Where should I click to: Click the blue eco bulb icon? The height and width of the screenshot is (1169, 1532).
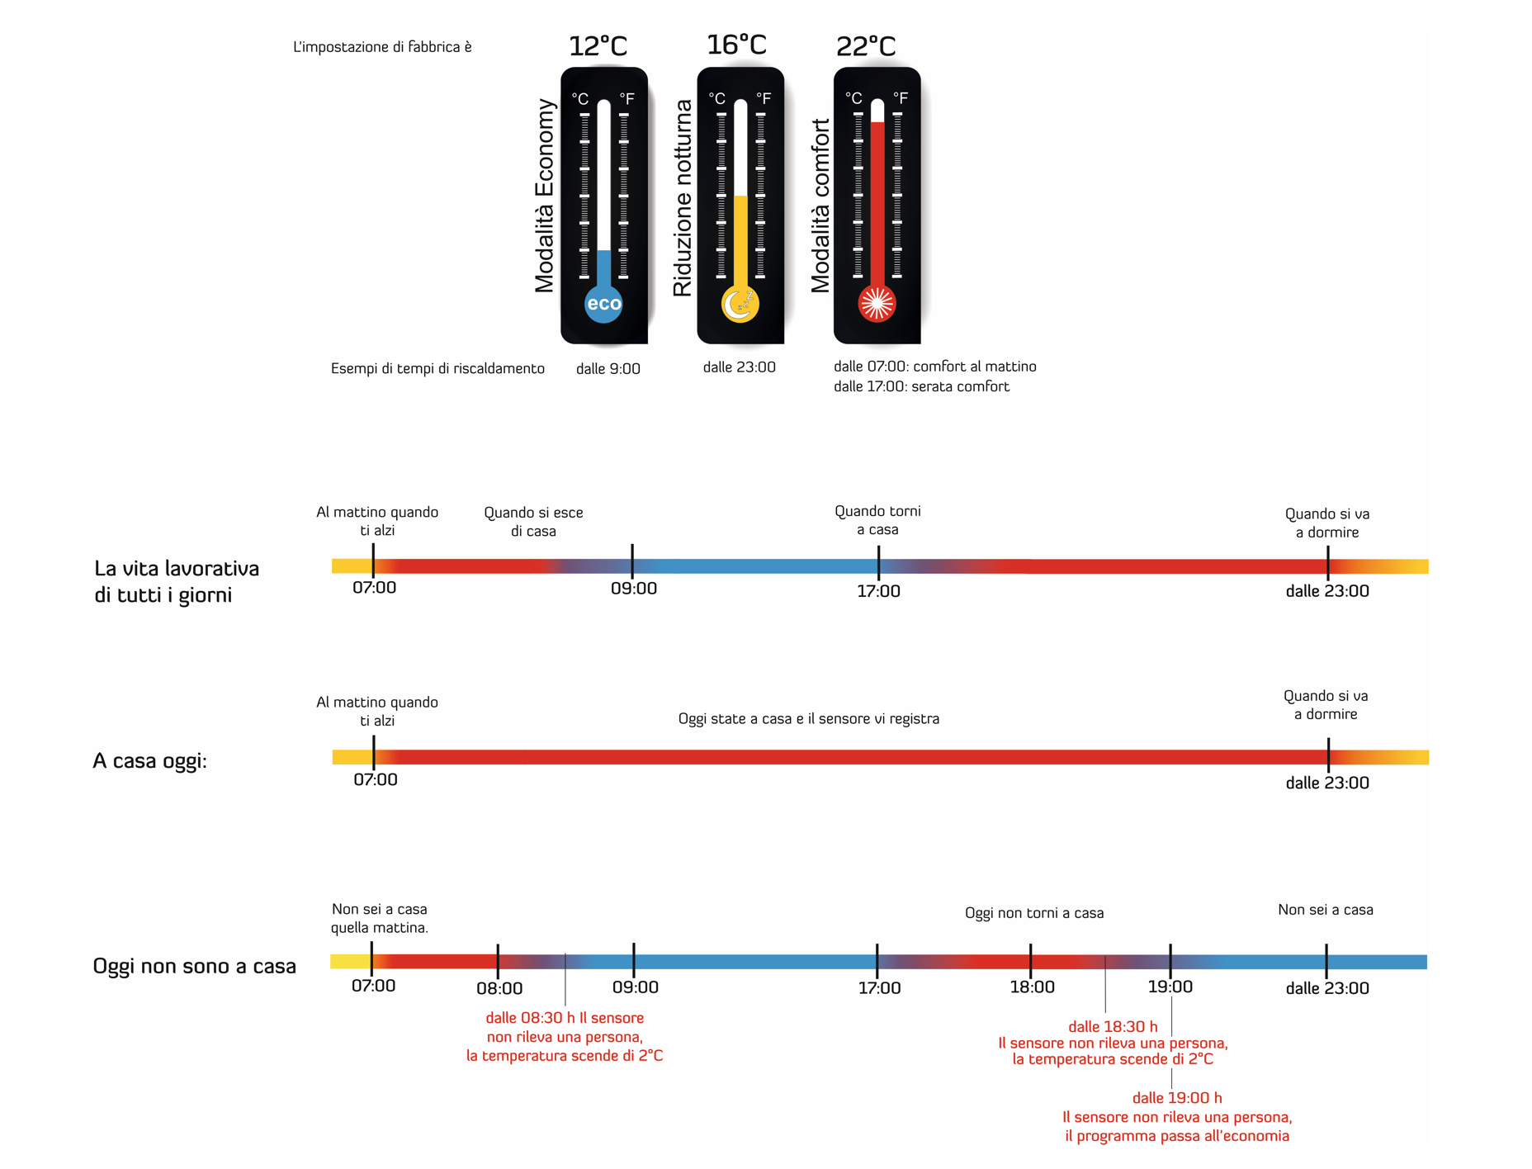click(603, 304)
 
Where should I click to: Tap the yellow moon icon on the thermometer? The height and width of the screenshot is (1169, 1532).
click(740, 304)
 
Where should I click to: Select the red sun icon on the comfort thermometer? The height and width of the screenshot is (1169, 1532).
click(877, 303)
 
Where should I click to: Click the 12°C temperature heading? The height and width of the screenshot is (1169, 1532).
click(598, 45)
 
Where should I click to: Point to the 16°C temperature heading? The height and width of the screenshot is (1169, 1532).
click(736, 44)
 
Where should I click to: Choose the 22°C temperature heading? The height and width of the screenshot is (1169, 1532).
click(865, 45)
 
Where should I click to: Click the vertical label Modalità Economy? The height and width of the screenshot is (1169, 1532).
click(545, 196)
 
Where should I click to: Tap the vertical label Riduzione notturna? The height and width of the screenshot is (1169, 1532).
click(683, 198)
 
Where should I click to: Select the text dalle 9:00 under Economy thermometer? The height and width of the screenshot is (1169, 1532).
click(608, 369)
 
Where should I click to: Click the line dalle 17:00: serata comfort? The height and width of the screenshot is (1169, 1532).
click(921, 386)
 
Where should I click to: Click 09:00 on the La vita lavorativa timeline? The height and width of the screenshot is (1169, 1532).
click(634, 589)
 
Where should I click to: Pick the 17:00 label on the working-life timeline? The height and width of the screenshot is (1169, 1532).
click(878, 591)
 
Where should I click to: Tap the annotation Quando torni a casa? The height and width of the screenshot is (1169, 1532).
click(877, 520)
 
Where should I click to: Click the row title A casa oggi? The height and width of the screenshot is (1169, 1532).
click(149, 760)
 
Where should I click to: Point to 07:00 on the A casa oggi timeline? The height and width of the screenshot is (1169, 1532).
click(376, 780)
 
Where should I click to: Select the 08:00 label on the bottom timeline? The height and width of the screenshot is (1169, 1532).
click(499, 988)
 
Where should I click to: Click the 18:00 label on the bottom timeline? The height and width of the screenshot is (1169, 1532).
click(1032, 987)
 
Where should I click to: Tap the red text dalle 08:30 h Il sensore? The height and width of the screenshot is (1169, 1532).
click(565, 1018)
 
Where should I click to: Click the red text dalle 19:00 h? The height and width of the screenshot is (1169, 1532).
click(1177, 1098)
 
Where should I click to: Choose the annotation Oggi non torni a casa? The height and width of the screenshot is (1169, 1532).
click(1034, 913)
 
